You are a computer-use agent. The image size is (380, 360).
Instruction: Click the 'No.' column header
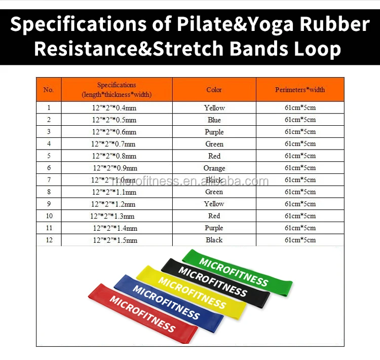(49, 90)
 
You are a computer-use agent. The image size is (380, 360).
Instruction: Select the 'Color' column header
(214, 90)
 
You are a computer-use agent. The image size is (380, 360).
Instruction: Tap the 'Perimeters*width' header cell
(300, 90)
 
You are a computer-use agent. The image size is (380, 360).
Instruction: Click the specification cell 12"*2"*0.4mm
(114, 107)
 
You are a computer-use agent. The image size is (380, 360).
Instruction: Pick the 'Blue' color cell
(214, 120)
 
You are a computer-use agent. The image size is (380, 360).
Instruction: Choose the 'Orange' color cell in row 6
(214, 168)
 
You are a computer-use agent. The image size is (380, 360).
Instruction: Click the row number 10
(49, 215)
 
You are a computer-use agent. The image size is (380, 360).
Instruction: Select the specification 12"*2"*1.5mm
(115, 240)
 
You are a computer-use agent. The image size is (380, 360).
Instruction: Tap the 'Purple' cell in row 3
(214, 132)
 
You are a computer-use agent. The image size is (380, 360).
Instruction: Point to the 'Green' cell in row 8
(214, 192)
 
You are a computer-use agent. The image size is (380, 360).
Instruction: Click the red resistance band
(143, 313)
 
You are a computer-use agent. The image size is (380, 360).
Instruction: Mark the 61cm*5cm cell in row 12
(300, 240)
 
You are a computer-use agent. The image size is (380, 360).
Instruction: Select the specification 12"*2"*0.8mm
(114, 156)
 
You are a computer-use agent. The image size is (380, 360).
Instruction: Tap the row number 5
(49, 156)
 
